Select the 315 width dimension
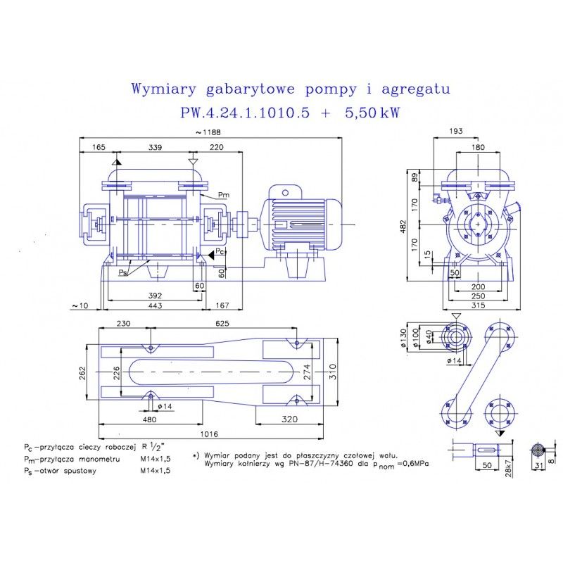point(479,304)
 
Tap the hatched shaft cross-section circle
point(538,451)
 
